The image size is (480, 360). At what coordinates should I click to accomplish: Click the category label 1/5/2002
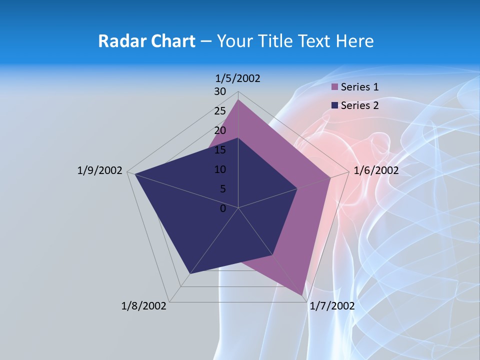(x=237, y=78)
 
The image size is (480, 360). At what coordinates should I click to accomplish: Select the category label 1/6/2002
(x=376, y=170)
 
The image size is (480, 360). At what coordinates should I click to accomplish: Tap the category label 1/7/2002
(x=332, y=306)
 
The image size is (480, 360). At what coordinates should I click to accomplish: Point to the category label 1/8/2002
(x=144, y=306)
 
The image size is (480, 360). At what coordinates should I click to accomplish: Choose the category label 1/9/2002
(x=100, y=170)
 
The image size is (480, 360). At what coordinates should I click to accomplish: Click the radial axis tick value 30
(x=220, y=91)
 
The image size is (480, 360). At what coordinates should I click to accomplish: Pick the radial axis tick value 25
(x=220, y=111)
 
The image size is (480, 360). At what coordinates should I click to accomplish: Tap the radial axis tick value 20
(x=220, y=130)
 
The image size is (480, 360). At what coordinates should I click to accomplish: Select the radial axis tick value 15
(x=220, y=150)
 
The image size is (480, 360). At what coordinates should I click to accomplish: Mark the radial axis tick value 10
(x=220, y=169)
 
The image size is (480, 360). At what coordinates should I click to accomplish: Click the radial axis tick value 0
(x=223, y=208)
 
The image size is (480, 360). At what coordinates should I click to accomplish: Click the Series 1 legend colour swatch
(x=335, y=87)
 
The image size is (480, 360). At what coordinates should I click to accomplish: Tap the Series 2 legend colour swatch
(x=335, y=105)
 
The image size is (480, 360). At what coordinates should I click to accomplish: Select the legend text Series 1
(x=359, y=87)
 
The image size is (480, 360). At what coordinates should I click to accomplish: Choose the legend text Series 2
(x=359, y=105)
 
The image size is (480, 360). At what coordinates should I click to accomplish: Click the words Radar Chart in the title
(x=146, y=41)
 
